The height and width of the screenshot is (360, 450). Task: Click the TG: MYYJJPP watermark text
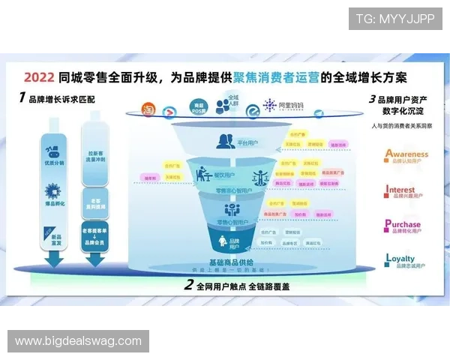[394, 18]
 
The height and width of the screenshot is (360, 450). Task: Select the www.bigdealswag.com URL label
[78, 341]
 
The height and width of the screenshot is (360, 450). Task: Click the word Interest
[400, 190]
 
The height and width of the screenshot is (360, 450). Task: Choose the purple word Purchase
[403, 223]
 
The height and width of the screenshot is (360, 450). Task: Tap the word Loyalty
[400, 259]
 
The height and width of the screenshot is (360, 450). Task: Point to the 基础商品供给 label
[229, 262]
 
